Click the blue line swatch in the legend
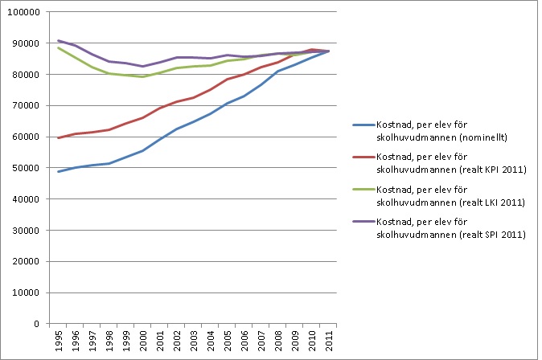pyautogui.click(x=366, y=125)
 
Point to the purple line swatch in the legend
pyautogui.click(x=366, y=222)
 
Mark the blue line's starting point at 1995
pyautogui.click(x=59, y=171)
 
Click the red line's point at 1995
pyautogui.click(x=59, y=137)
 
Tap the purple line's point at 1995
pyautogui.click(x=59, y=40)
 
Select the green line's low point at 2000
pyautogui.click(x=143, y=76)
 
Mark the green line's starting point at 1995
pyautogui.click(x=59, y=47)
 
